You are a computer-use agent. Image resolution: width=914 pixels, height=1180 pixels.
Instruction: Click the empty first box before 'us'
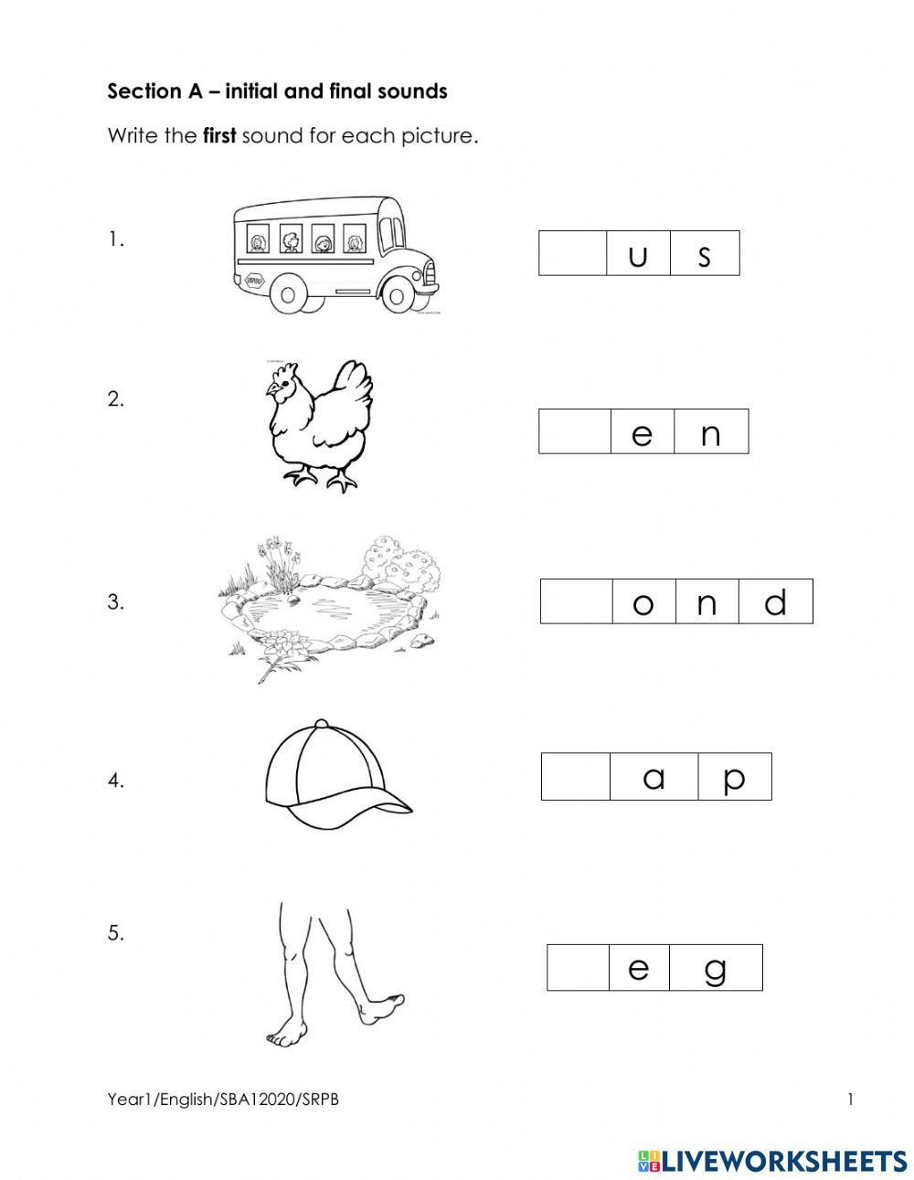pyautogui.click(x=572, y=253)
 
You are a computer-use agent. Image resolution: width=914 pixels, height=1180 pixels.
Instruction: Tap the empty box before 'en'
pyautogui.click(x=575, y=431)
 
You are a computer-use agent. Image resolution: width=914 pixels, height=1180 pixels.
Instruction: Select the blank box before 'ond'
pyautogui.click(x=577, y=601)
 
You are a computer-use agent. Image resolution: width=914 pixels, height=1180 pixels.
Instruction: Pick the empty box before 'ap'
pyautogui.click(x=575, y=777)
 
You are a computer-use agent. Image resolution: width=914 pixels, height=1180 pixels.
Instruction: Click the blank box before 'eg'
pyautogui.click(x=578, y=967)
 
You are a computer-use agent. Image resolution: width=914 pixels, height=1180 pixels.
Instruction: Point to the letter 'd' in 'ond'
pyautogui.click(x=775, y=601)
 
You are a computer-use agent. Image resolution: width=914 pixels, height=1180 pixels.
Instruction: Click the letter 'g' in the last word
pyautogui.click(x=716, y=971)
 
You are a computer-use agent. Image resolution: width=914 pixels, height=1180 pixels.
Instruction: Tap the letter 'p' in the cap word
pyautogui.click(x=734, y=781)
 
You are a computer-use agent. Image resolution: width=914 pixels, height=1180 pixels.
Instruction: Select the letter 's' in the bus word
pyautogui.click(x=704, y=256)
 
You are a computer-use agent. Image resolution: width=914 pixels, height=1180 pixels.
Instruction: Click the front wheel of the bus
pyautogui.click(x=397, y=296)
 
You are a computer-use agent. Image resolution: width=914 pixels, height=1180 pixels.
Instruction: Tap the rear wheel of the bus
pyautogui.click(x=288, y=296)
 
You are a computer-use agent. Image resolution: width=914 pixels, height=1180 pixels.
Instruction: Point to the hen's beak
pyautogui.click(x=270, y=390)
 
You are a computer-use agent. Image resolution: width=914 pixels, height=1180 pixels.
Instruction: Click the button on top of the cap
pyautogui.click(x=322, y=723)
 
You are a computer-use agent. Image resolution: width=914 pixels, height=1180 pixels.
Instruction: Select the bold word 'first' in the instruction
pyautogui.click(x=219, y=135)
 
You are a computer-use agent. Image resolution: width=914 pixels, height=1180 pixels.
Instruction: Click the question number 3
pyautogui.click(x=115, y=601)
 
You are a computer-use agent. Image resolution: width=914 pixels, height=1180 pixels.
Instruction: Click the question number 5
pyautogui.click(x=115, y=933)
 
